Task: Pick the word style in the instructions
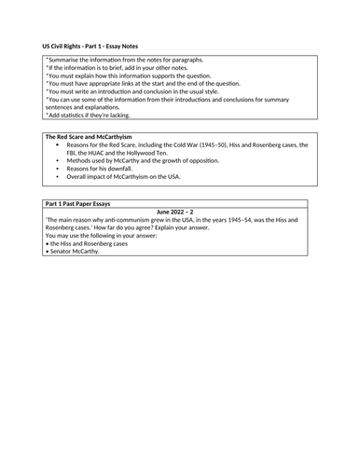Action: point(239,97)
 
